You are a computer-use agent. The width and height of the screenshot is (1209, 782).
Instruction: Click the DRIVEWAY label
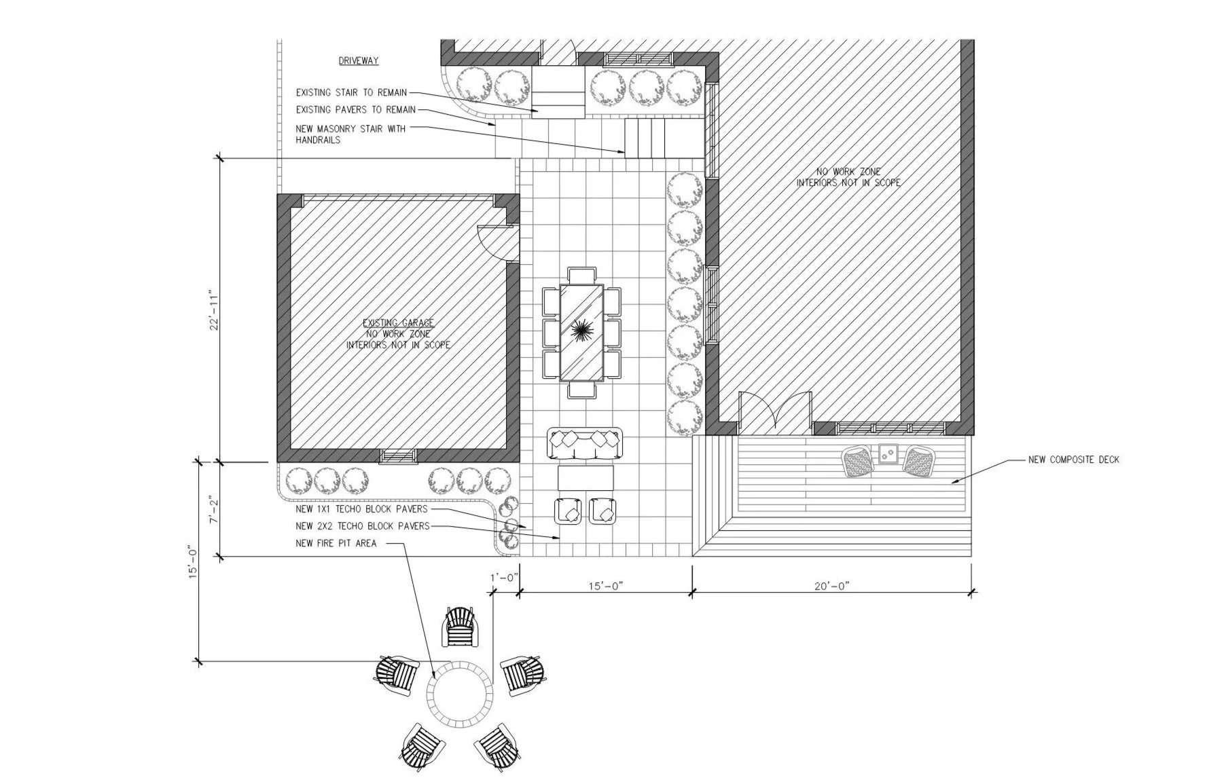(x=359, y=61)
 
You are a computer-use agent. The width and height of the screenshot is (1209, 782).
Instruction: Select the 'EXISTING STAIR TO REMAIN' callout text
(x=351, y=93)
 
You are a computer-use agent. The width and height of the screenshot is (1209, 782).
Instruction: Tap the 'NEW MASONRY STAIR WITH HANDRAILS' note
(x=350, y=134)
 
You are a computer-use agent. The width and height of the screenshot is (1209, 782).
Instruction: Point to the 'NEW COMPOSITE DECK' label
(x=1073, y=460)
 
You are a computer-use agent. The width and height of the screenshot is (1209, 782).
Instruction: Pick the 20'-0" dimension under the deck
(x=831, y=586)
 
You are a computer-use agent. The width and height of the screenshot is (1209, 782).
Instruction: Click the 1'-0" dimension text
(x=505, y=577)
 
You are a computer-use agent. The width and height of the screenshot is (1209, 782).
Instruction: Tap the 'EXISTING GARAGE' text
(x=398, y=323)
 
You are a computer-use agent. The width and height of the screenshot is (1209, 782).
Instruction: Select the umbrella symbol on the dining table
(x=581, y=331)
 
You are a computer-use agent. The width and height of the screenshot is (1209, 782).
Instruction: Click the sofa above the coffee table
(x=584, y=443)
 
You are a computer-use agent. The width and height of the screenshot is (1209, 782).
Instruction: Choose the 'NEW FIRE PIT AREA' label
(x=336, y=543)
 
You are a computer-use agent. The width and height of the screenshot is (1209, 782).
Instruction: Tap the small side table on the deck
(x=887, y=453)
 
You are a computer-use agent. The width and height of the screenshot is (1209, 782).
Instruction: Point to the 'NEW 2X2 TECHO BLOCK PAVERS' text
(x=363, y=526)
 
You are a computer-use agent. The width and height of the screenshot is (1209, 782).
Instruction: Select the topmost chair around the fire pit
(x=464, y=627)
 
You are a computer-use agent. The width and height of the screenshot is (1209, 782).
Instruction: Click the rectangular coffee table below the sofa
(x=585, y=477)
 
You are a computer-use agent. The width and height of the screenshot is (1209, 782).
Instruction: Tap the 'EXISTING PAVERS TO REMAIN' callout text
(x=355, y=110)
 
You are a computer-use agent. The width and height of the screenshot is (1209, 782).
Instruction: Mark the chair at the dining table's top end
(x=582, y=276)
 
